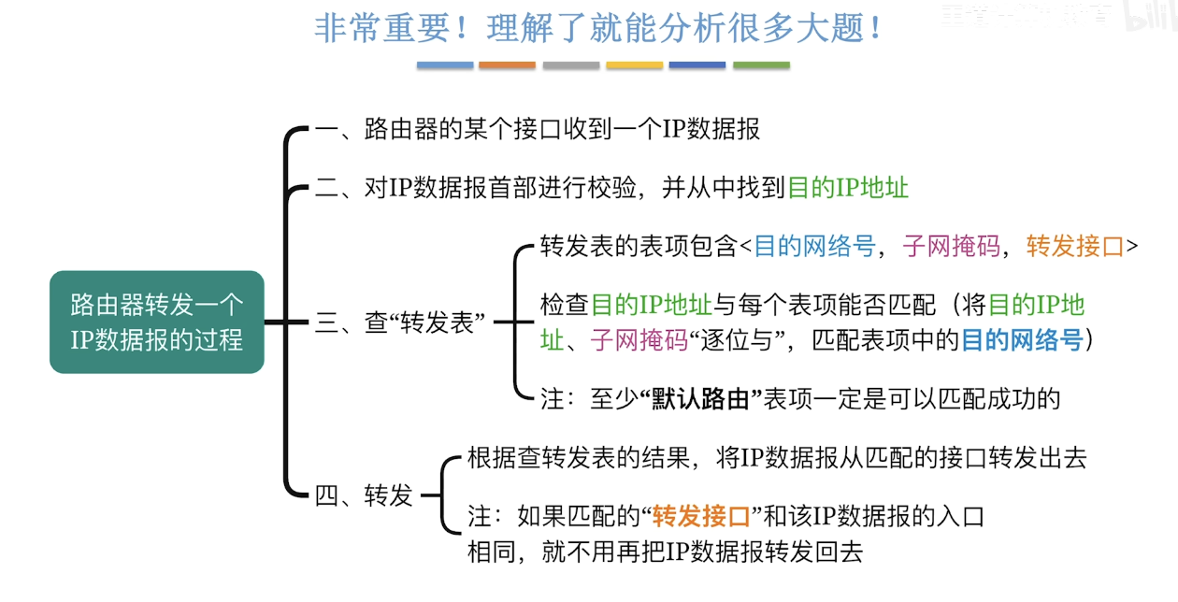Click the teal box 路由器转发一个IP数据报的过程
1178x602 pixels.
pyautogui.click(x=156, y=322)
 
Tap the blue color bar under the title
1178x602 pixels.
pyautogui.click(x=445, y=65)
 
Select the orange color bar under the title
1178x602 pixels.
pyautogui.click(x=507, y=65)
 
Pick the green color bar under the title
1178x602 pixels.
pyautogui.click(x=761, y=65)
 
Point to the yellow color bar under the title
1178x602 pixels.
pyautogui.click(x=634, y=65)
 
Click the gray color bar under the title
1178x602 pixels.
pyautogui.click(x=570, y=65)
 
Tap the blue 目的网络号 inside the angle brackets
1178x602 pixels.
pyautogui.click(x=814, y=246)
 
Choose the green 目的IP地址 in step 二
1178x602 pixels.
pyautogui.click(x=848, y=187)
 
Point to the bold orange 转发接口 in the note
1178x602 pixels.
pyautogui.click(x=701, y=516)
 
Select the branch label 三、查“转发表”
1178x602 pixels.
pyautogui.click(x=399, y=322)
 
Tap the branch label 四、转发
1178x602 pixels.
pyautogui.click(x=364, y=495)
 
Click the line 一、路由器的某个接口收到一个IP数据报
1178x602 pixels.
pyautogui.click(x=537, y=129)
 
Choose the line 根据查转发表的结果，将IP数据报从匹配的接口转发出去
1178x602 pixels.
pyautogui.click(x=776, y=458)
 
